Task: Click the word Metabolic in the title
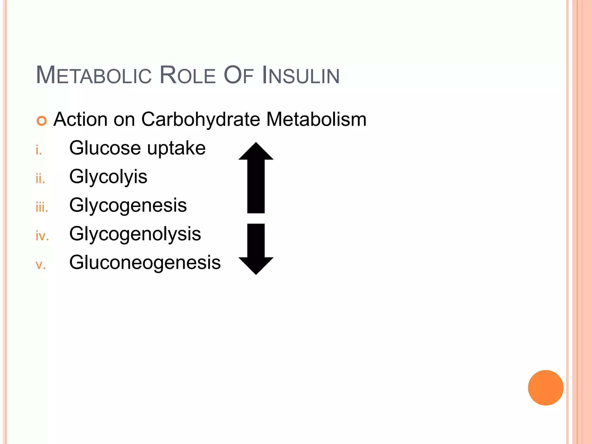pos(94,76)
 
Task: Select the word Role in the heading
pos(187,76)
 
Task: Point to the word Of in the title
pos(238,76)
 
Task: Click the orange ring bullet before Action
pos(42,121)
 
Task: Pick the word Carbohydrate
pos(200,119)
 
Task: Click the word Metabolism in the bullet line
pos(316,119)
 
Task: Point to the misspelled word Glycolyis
pos(108,177)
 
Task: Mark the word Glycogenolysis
pos(135,234)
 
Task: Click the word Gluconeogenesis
pos(145,262)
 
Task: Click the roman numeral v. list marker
pos(41,265)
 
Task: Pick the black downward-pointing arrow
pos(256,249)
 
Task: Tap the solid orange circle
pos(545,388)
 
